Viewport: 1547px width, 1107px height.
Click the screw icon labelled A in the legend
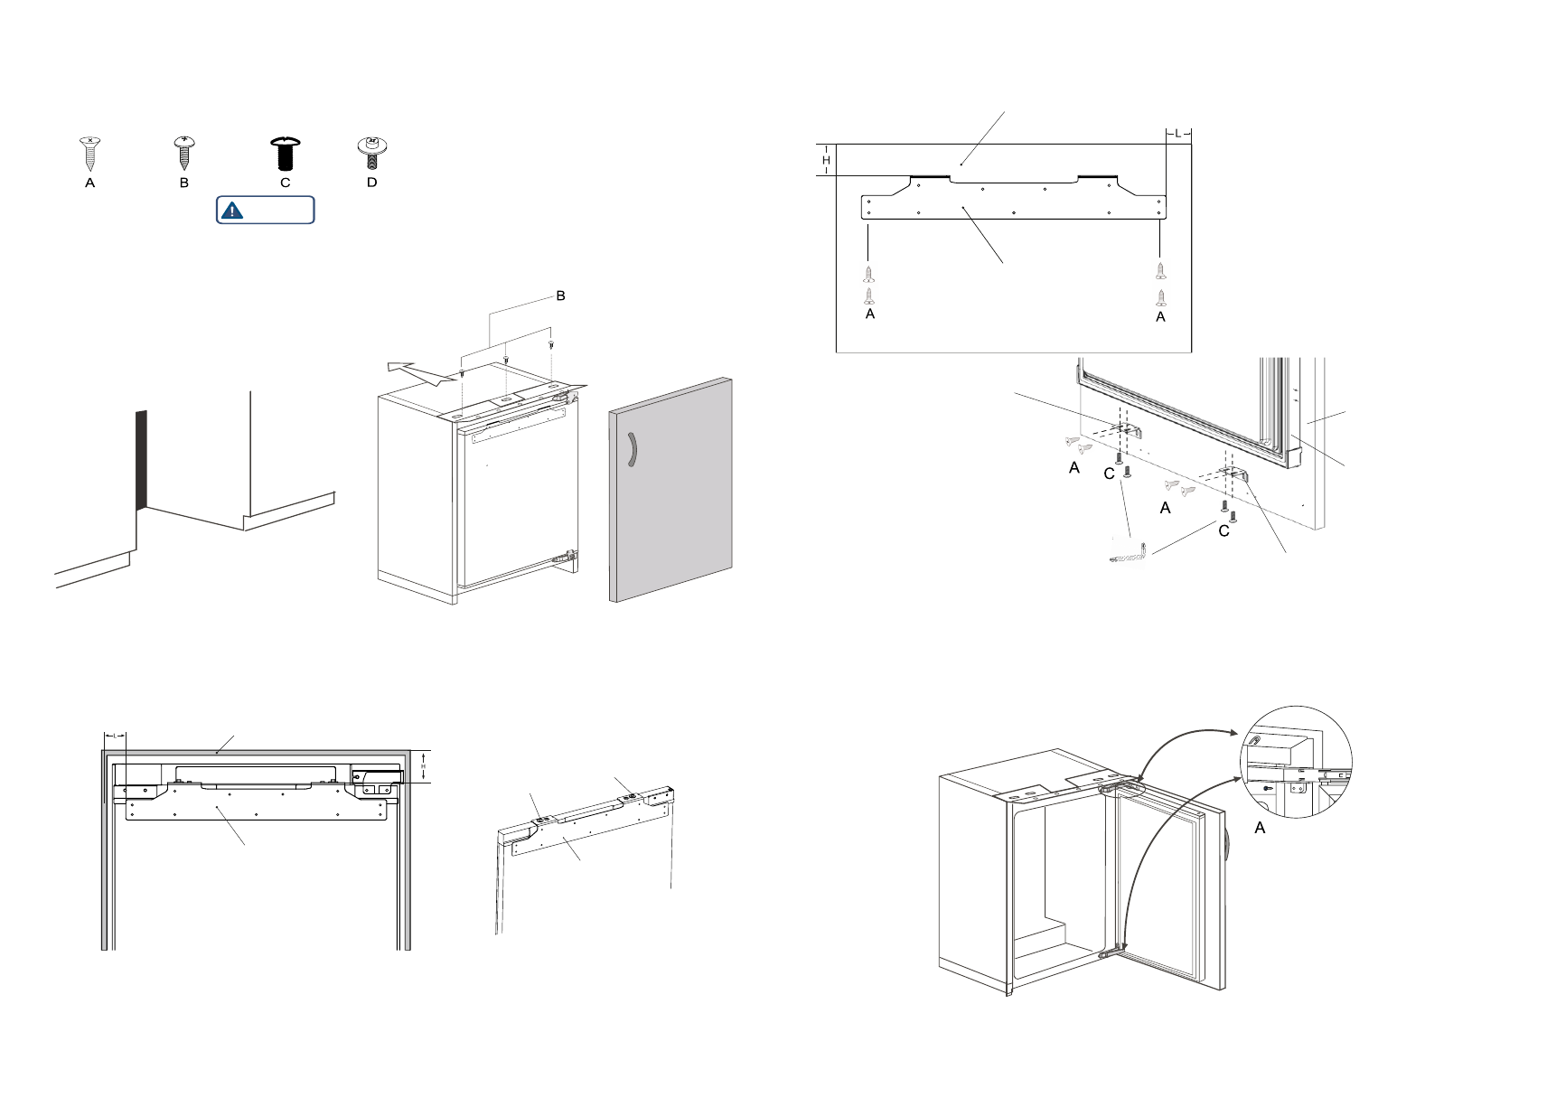[89, 153]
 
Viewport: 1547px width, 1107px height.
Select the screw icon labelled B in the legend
[184, 153]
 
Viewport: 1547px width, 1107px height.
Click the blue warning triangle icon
[232, 211]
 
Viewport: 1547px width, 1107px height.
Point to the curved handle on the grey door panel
[632, 450]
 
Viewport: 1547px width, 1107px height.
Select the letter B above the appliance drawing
[560, 296]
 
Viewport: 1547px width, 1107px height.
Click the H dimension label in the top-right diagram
[826, 161]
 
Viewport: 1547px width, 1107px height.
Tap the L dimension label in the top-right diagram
[1177, 134]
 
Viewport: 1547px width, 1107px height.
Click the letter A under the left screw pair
[870, 314]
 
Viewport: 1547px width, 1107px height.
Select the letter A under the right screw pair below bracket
[1161, 317]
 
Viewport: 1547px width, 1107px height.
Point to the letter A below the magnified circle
[1261, 828]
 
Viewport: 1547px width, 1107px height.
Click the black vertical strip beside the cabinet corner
[141, 459]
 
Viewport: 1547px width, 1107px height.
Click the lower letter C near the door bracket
[1224, 531]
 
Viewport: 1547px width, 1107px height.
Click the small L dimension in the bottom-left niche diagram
[115, 735]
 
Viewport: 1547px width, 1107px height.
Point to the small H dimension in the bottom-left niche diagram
[423, 766]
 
